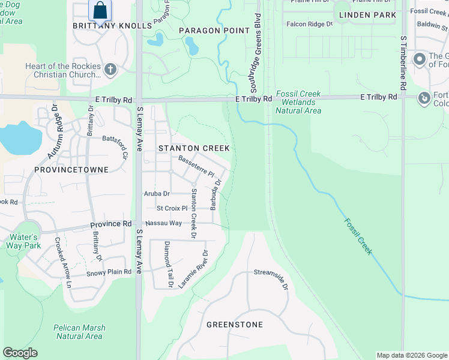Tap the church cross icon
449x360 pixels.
110,70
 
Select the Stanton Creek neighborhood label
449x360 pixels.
185,148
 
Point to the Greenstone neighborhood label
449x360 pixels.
235,325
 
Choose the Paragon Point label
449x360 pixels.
214,31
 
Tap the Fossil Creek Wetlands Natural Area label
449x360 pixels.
298,103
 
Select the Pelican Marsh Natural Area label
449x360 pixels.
79,332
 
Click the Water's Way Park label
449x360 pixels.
23,241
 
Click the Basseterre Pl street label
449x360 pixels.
196,166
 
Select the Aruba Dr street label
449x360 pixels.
157,194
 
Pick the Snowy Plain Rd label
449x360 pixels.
109,272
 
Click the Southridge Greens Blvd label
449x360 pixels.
252,57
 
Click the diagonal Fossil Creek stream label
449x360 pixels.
358,236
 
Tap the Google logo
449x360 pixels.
20,353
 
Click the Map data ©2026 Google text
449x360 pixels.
411,355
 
